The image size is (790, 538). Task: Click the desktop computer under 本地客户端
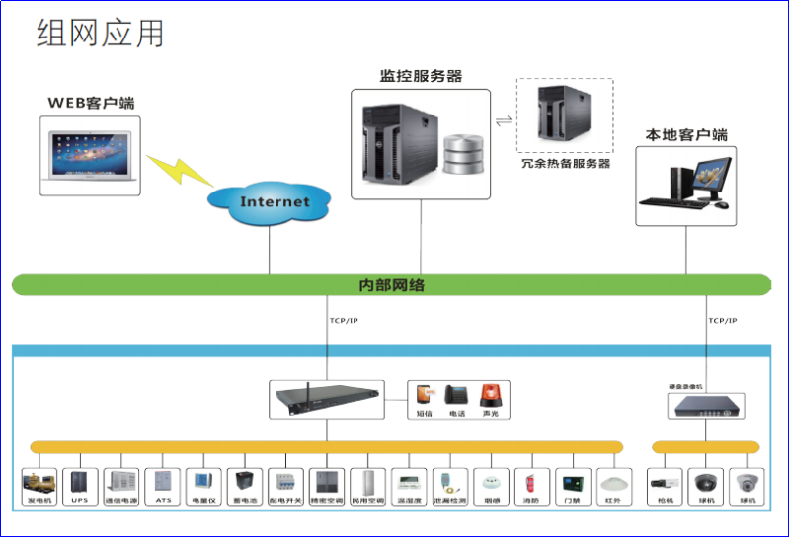686,183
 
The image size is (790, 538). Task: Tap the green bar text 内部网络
391,285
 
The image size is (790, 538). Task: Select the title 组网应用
100,34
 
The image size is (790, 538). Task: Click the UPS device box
79,483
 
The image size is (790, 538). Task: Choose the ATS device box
162,483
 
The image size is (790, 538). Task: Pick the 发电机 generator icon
39,483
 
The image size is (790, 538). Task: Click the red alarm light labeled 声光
491,395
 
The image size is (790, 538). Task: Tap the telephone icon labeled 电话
457,395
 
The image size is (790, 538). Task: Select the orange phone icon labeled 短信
424,395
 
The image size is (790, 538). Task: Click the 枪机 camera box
662,483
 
